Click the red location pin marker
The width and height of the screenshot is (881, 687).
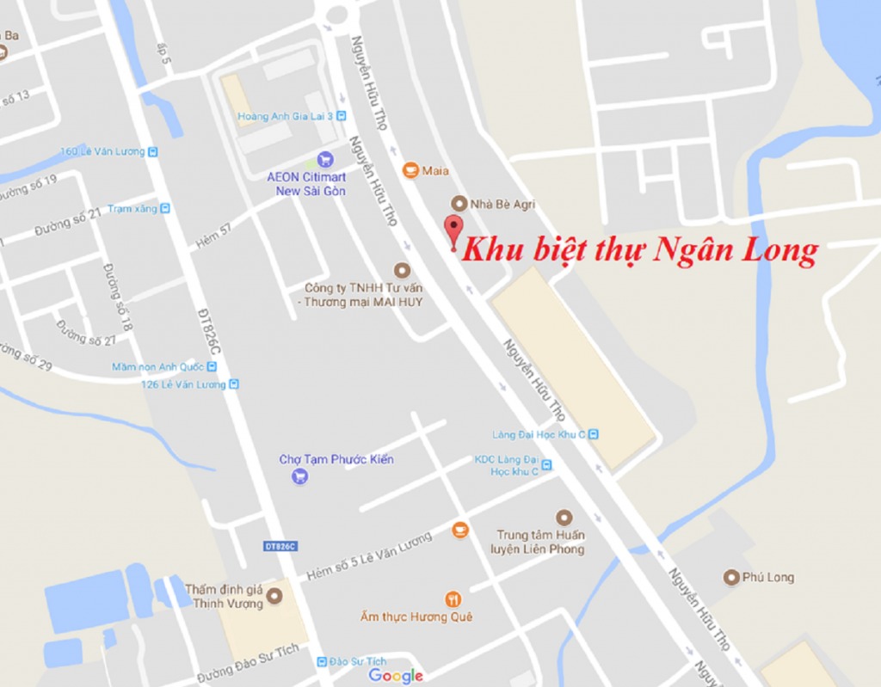click(x=453, y=229)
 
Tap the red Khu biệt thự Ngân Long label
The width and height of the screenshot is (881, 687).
click(x=638, y=250)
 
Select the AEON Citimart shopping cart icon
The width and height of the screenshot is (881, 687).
click(x=324, y=159)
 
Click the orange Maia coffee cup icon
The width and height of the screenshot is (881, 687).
click(x=410, y=170)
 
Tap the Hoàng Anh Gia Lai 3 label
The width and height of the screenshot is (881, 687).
click(x=286, y=116)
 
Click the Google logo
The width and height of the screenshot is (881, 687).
click(x=396, y=676)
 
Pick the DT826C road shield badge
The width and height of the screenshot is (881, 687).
click(x=280, y=547)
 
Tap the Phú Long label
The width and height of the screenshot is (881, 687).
click(x=767, y=577)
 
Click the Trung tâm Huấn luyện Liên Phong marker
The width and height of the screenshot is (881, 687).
click(x=564, y=517)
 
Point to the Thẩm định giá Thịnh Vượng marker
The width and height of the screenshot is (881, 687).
click(x=274, y=595)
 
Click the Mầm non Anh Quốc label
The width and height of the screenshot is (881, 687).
click(x=157, y=367)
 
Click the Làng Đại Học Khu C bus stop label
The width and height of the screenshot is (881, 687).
click(x=539, y=434)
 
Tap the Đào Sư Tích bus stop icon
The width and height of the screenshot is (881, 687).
click(x=323, y=661)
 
